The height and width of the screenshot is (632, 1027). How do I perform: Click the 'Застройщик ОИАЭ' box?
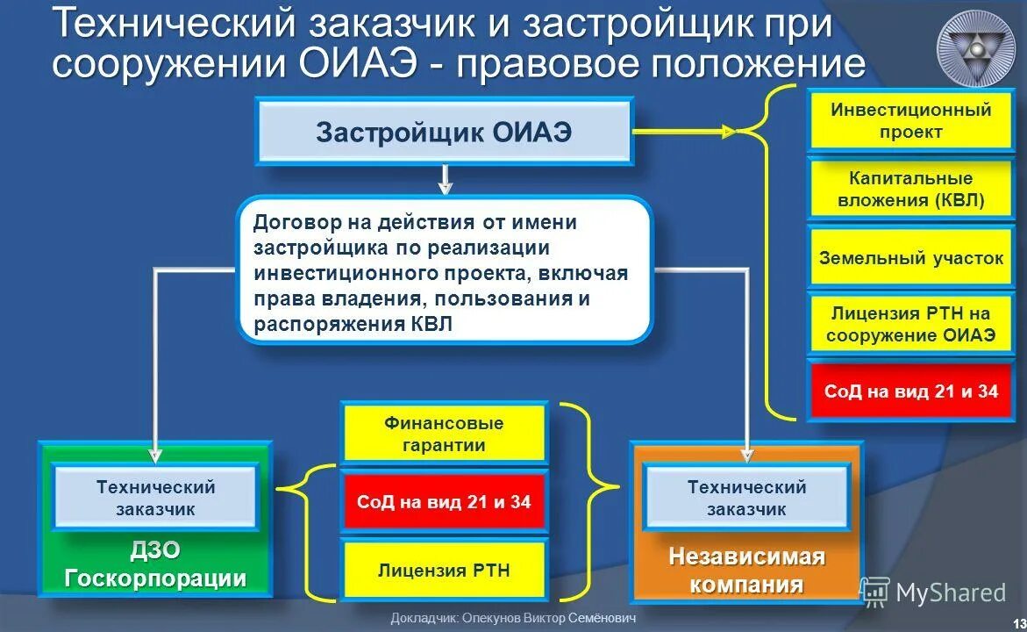pyautogui.click(x=444, y=132)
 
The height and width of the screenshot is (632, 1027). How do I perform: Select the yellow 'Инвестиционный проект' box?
pyautogui.click(x=910, y=121)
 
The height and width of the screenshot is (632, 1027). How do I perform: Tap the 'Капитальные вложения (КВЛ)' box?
pyautogui.click(x=910, y=190)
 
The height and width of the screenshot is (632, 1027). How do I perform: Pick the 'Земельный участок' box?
pyautogui.click(x=910, y=258)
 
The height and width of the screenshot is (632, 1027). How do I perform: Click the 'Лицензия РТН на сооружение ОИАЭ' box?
pyautogui.click(x=910, y=324)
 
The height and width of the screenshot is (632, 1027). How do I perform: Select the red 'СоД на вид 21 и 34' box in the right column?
pyautogui.click(x=910, y=391)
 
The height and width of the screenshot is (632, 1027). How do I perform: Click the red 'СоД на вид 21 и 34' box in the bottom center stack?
pyautogui.click(x=444, y=502)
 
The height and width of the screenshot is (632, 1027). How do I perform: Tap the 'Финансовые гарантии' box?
pyautogui.click(x=444, y=434)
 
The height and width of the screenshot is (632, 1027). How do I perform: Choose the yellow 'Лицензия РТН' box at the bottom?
pyautogui.click(x=444, y=571)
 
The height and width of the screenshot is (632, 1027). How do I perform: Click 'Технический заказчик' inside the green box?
pyautogui.click(x=155, y=498)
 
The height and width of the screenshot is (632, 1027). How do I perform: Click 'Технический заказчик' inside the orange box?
pyautogui.click(x=746, y=498)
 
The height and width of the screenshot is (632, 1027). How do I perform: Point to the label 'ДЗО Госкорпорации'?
pyautogui.click(x=155, y=564)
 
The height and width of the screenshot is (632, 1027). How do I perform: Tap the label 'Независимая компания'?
pyautogui.click(x=746, y=571)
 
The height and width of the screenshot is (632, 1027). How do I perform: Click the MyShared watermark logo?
pyautogui.click(x=933, y=592)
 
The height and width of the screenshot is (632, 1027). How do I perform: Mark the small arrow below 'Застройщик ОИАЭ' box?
pyautogui.click(x=445, y=181)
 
